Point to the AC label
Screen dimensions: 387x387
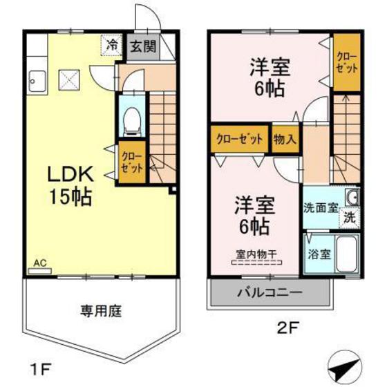tap(40, 263)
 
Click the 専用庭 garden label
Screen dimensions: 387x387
tap(95, 310)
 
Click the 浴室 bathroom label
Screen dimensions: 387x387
tap(318, 254)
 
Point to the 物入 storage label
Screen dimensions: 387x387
tap(285, 139)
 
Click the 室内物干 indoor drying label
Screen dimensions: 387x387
tap(253, 254)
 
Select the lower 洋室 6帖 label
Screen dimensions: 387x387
tap(254, 215)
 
